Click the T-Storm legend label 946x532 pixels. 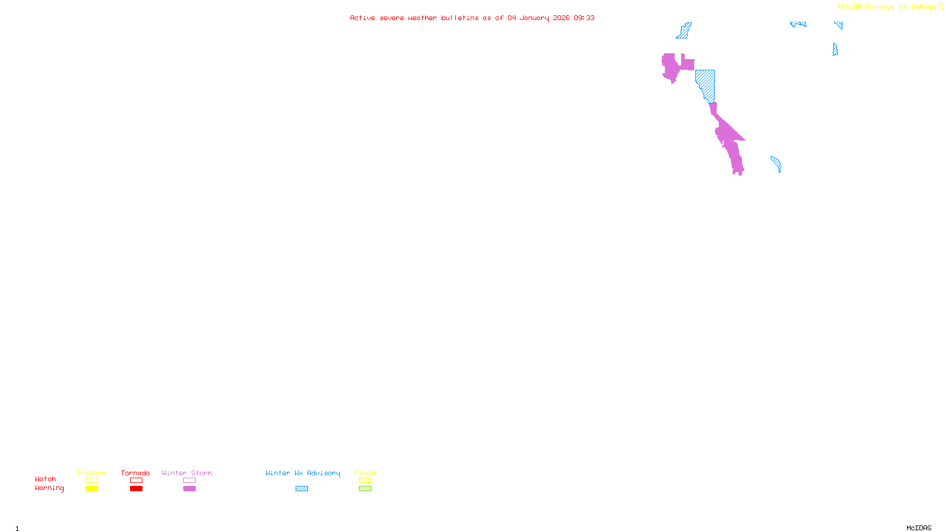point(91,473)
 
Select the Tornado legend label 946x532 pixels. point(135,473)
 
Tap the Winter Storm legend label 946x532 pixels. point(187,473)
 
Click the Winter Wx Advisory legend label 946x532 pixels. point(303,473)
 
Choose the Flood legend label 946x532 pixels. point(365,473)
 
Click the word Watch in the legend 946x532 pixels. point(46,479)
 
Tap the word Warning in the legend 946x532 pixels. point(50,488)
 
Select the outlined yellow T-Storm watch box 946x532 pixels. point(92,481)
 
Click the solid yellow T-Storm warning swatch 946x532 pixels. point(92,489)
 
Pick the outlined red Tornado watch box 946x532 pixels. point(136,481)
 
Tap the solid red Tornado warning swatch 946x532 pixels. point(136,489)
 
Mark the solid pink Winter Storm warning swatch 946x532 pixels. point(189,489)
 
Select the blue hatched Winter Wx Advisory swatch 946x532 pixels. point(302,489)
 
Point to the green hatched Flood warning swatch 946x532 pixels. point(365,489)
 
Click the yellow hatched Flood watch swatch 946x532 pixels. point(365,481)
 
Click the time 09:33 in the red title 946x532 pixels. point(584,18)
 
